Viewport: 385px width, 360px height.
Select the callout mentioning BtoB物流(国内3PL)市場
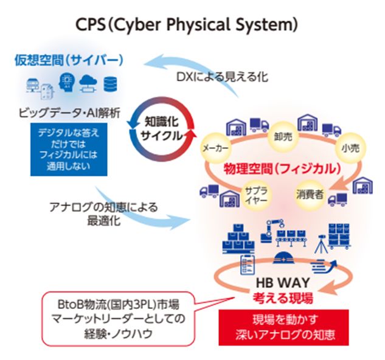(118, 317)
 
